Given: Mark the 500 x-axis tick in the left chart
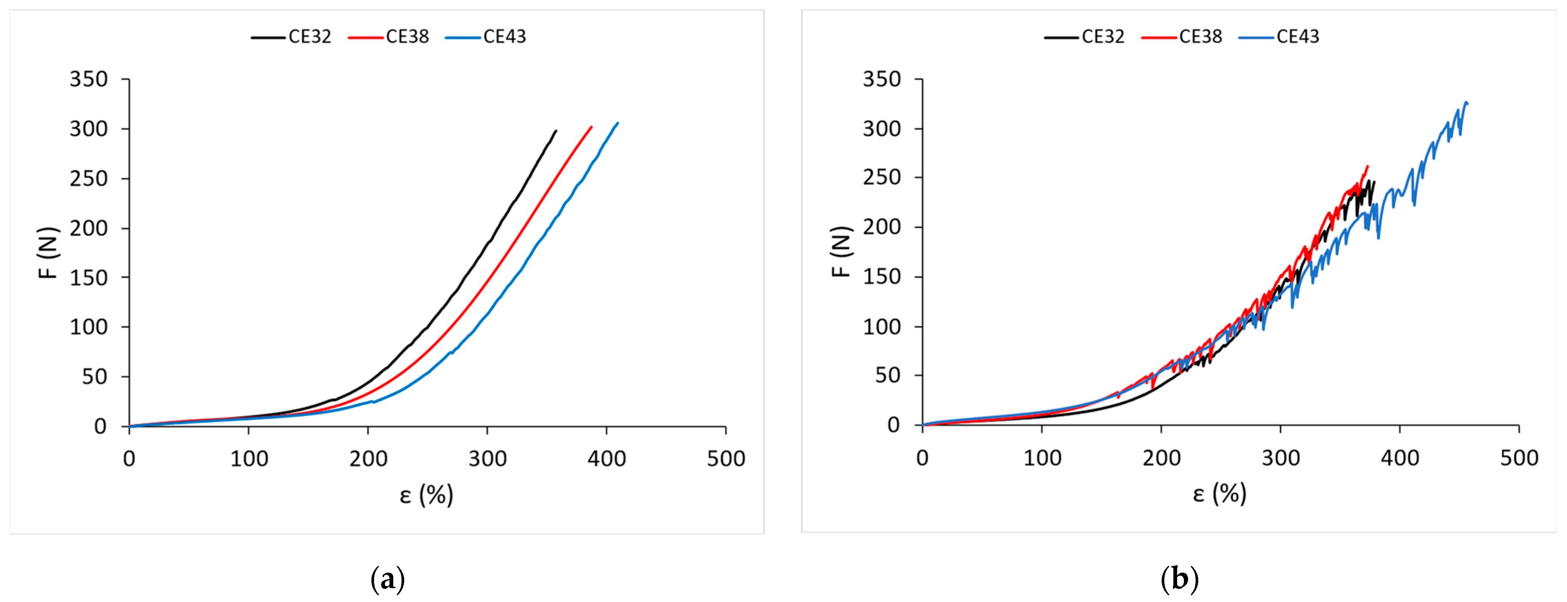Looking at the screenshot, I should point(726,459).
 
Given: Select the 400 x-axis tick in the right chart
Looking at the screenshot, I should point(1400,458).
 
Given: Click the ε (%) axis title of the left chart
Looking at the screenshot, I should point(426,495).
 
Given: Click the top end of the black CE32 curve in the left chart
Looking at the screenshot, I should point(555,131).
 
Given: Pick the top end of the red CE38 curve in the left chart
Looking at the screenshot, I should point(591,127).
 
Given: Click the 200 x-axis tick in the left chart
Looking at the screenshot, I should point(368,459).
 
